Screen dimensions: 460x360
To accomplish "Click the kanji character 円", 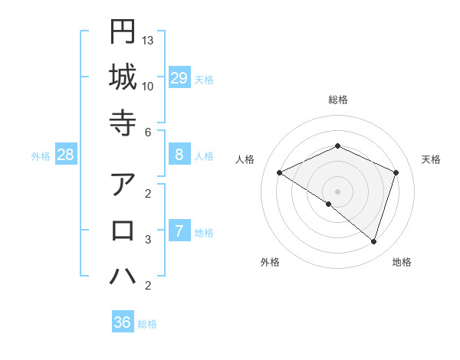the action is pos(123,31).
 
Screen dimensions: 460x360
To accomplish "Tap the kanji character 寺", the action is pos(123,123).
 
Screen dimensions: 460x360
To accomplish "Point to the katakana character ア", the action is pos(123,185).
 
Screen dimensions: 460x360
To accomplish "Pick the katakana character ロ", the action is pos(123,231).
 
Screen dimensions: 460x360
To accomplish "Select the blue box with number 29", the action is pos(179,78).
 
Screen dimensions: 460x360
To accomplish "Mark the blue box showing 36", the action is pos(123,322).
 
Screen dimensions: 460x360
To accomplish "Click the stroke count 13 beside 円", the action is pos(148,40).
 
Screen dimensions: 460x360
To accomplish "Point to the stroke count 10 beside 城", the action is pos(148,86).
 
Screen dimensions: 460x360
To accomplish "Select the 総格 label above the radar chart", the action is pos(338,100).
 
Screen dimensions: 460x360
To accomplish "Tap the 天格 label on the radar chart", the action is pos(432,159).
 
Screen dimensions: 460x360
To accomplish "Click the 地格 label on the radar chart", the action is pos(402,262).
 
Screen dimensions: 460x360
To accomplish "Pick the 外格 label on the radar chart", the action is pos(270,262).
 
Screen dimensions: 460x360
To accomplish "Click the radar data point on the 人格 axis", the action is pos(280,172).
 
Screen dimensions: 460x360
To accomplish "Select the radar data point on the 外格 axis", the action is pos(329,204).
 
